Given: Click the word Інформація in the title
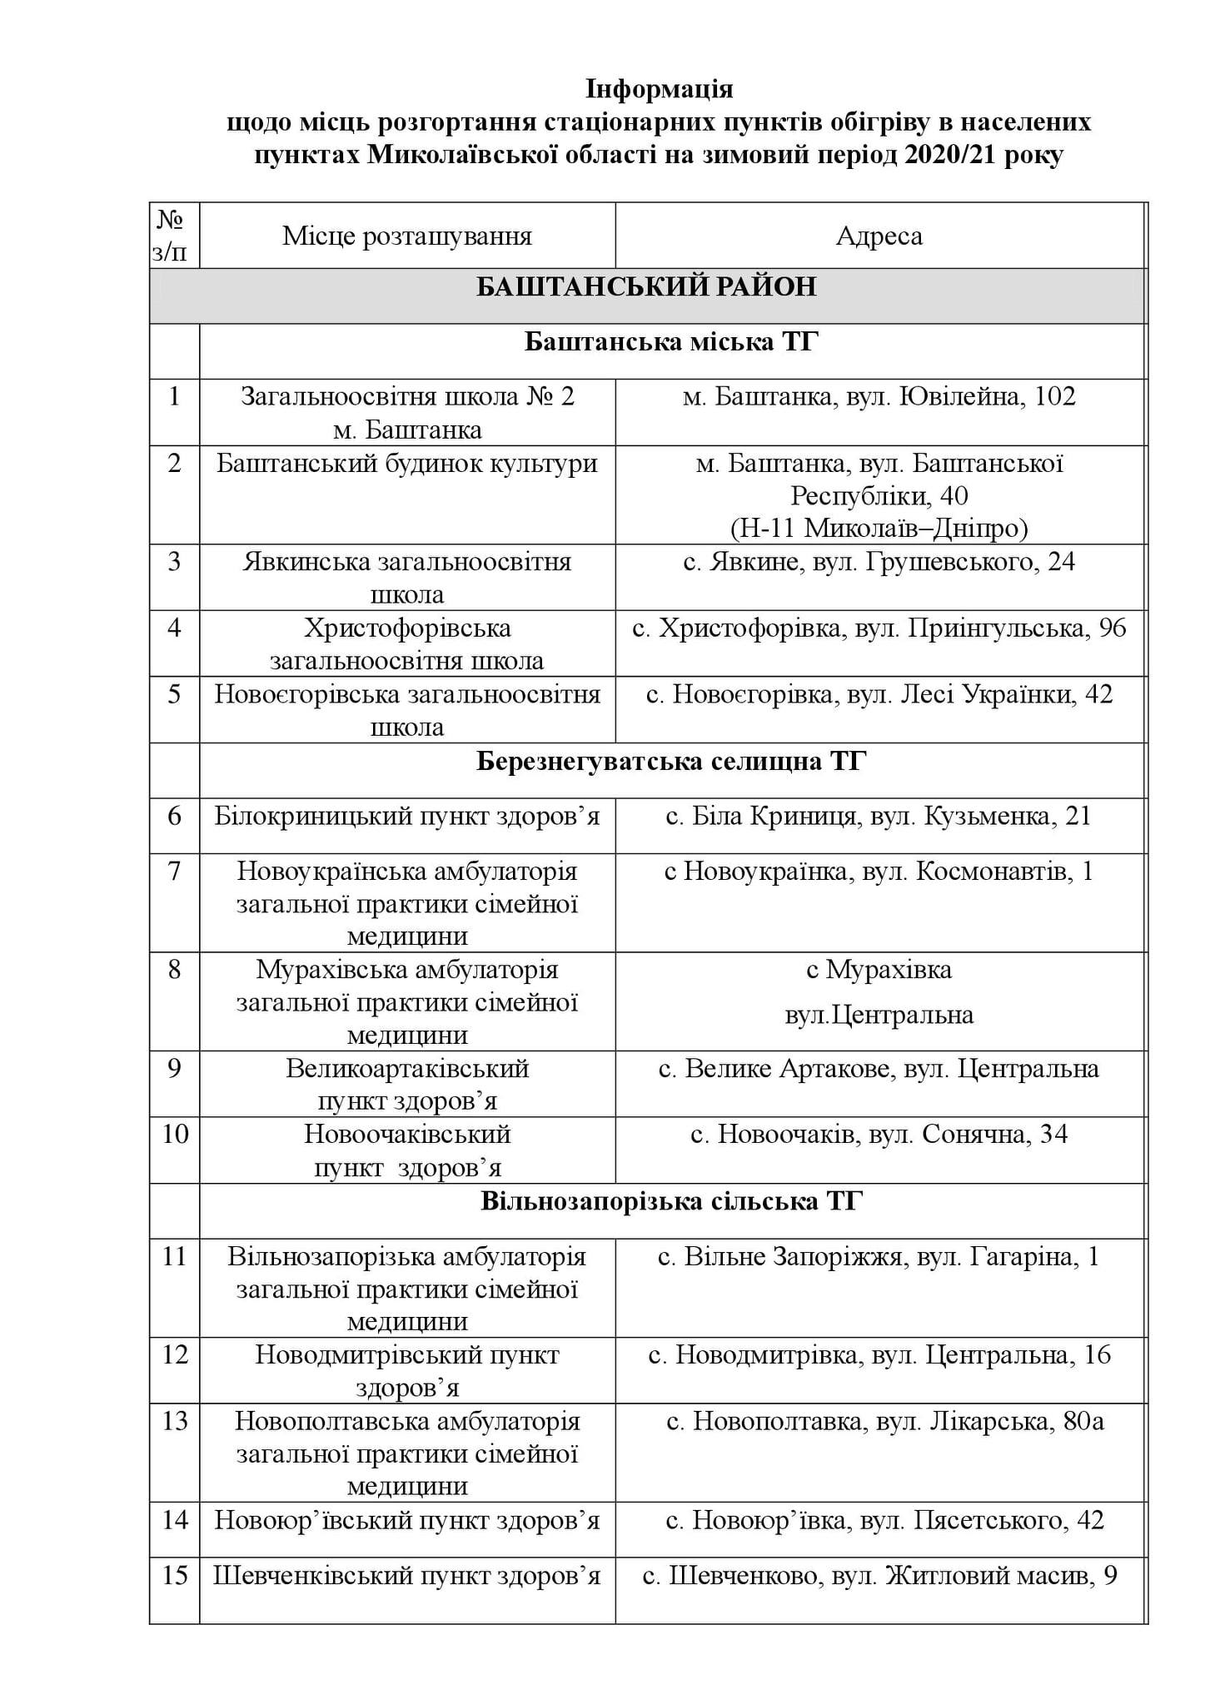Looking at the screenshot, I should pos(659,88).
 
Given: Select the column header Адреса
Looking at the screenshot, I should pos(879,236).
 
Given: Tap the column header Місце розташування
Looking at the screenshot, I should pos(407,236).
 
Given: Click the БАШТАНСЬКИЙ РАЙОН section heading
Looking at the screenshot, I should pos(646,287).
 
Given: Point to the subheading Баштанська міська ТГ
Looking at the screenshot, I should pos(671,342).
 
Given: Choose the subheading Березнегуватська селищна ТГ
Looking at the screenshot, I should pos(671,762).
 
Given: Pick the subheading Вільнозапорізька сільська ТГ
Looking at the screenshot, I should pos(671,1201).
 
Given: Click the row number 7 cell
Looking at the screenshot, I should pos(174,872).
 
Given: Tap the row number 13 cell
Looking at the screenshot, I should pos(175,1421).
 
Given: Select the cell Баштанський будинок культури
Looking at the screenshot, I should pos(407,464).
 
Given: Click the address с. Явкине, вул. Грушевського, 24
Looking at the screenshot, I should pos(879,562).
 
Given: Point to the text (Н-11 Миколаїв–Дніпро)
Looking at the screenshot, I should pos(879,529).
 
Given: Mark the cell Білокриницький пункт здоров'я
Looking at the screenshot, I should pos(407,817).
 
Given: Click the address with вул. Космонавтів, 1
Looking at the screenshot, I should pos(879,872).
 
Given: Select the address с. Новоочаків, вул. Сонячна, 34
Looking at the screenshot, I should pos(879,1135).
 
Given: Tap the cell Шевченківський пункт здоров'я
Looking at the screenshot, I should pos(407,1576).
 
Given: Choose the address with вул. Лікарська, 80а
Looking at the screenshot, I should pos(885,1421).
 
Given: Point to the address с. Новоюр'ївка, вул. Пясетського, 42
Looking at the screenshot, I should pos(884,1521).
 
